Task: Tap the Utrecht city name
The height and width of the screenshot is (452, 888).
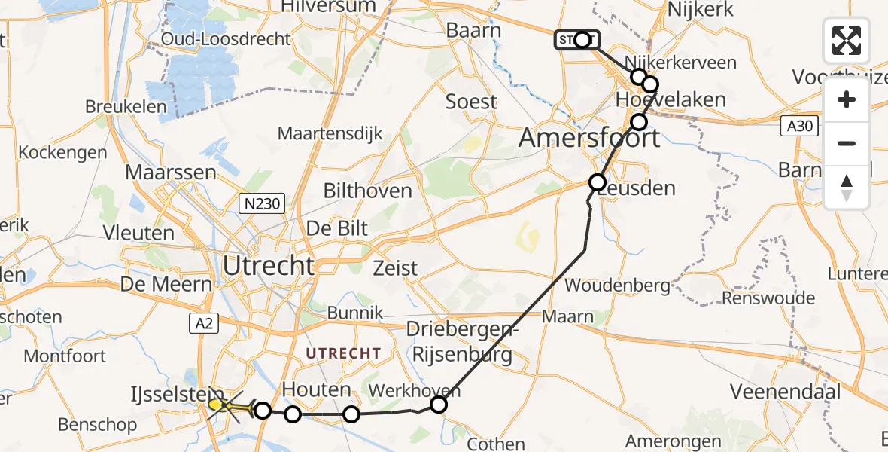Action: click(x=269, y=265)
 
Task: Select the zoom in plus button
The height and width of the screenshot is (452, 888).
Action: click(x=847, y=100)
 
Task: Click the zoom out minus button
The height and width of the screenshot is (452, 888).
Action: click(x=847, y=143)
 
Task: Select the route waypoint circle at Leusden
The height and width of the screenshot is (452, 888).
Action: click(x=598, y=182)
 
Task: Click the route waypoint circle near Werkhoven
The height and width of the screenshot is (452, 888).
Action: click(x=439, y=405)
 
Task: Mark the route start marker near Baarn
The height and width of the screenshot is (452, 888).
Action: click(x=582, y=39)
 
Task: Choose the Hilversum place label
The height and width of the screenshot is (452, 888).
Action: click(x=327, y=6)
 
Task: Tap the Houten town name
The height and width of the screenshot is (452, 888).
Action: click(x=316, y=389)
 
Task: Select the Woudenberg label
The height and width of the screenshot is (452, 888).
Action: click(x=617, y=286)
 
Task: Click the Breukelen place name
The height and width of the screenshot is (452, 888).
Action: click(x=126, y=106)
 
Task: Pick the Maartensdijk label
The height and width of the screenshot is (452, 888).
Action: click(x=330, y=133)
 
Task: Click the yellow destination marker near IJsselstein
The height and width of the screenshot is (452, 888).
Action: click(x=216, y=405)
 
